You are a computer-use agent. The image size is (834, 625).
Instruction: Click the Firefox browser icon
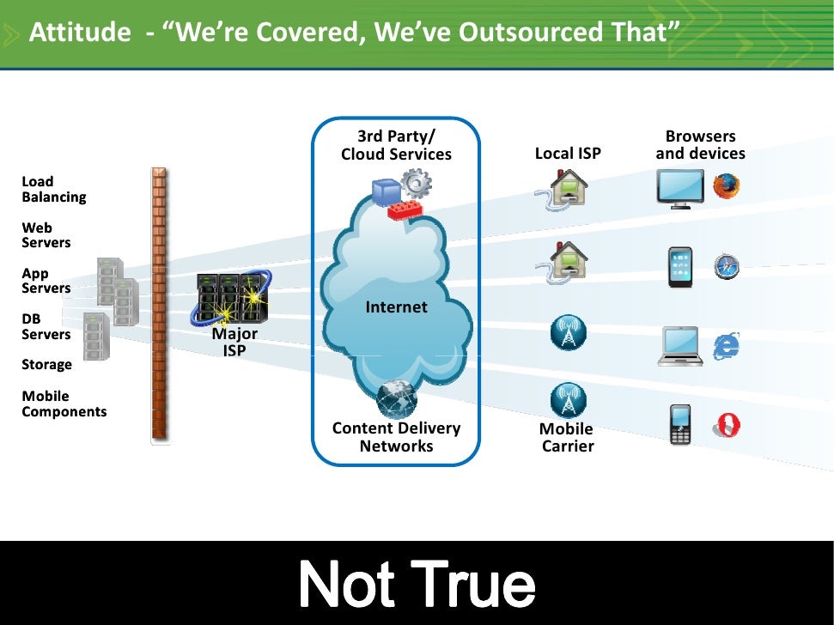pos(726,186)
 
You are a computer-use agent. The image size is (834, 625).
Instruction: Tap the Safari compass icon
pos(727,267)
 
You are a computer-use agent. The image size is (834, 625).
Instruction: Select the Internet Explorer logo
pos(726,345)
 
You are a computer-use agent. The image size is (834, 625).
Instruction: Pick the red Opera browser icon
pos(727,425)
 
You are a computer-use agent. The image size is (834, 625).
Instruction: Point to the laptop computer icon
pos(680,347)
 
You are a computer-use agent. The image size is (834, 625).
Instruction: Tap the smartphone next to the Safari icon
pos(680,267)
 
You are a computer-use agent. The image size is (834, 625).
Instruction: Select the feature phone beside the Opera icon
pos(680,424)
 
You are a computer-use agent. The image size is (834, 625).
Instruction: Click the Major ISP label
pos(234,342)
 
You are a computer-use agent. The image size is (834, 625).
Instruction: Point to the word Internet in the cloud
pos(396,306)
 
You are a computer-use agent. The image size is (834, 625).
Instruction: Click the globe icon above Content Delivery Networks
pos(397,400)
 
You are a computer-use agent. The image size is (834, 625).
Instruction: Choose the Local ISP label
pos(568,154)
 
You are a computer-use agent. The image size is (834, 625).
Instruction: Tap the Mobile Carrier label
pos(567,437)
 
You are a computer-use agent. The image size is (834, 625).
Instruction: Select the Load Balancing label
pos(53,189)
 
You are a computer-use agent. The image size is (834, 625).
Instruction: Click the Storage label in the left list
pos(46,365)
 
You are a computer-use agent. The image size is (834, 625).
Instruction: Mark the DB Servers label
pos(46,326)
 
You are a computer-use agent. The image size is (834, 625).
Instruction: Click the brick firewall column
pos(160,305)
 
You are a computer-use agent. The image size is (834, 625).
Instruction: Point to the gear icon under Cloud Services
pos(417,182)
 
